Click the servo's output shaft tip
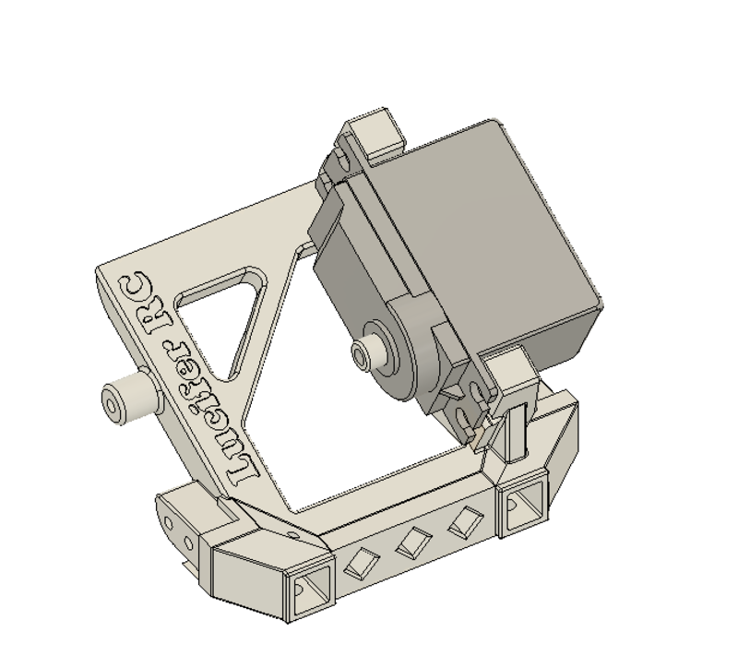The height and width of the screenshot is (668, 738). coord(360,352)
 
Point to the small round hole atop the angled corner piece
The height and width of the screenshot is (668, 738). coord(293,533)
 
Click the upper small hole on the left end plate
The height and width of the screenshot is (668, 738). coord(169,524)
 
